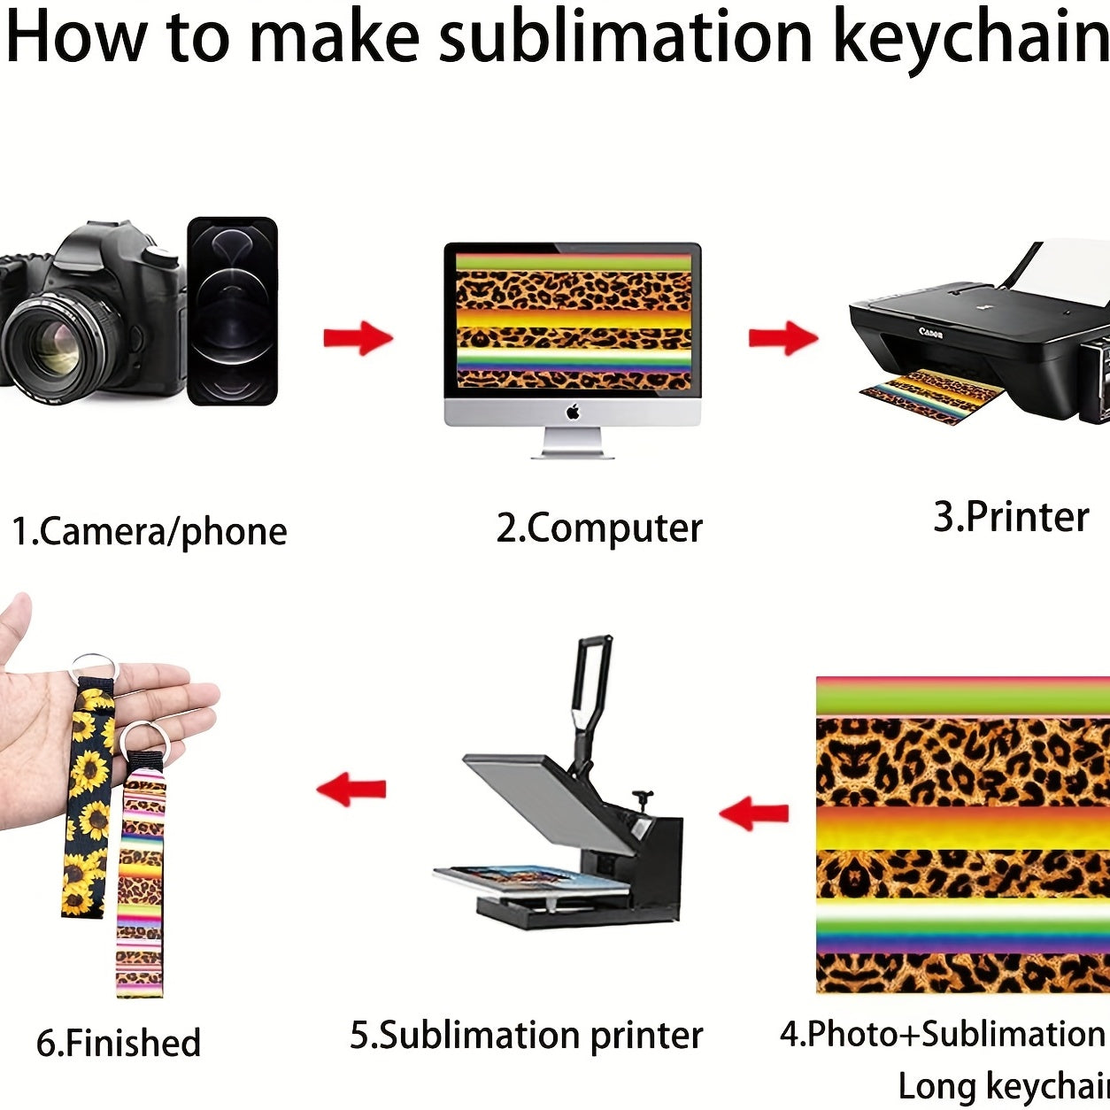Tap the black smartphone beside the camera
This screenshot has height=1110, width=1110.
click(233, 311)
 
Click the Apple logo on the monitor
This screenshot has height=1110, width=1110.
click(573, 412)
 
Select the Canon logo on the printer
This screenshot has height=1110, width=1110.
click(931, 332)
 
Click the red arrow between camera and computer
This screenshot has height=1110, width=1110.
click(358, 338)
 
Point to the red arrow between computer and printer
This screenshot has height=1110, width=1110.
click(783, 338)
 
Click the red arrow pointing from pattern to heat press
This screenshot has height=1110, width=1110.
click(754, 813)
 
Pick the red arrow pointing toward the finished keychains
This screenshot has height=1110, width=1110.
click(351, 789)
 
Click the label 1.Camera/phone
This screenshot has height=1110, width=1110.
click(150, 531)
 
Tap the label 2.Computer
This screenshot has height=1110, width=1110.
click(599, 528)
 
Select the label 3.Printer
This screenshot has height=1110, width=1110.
click(1012, 517)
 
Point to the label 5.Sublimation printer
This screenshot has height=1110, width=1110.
click(527, 1035)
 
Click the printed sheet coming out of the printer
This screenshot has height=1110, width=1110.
click(932, 397)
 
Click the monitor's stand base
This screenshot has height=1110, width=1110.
click(572, 456)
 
